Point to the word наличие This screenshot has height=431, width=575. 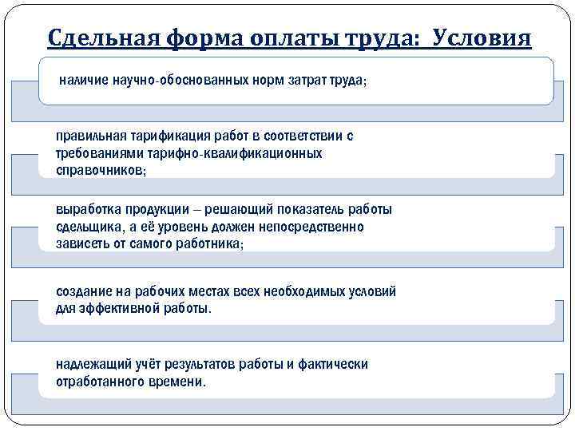pos(84,81)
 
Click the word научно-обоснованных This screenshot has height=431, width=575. pos(176,81)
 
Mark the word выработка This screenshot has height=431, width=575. pos(88,210)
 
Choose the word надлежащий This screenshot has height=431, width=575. pos(93,365)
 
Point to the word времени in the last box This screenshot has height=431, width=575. pos(176,382)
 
